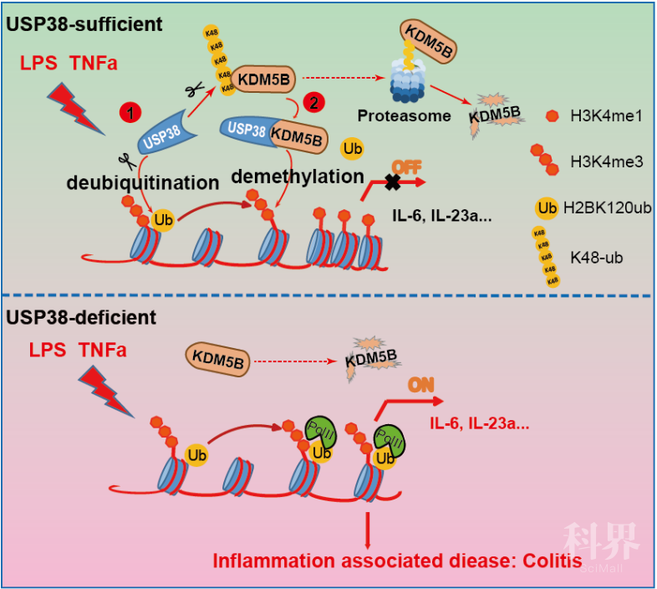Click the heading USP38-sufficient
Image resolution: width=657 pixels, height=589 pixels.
coord(84,23)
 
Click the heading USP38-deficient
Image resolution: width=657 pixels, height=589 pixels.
coord(80,317)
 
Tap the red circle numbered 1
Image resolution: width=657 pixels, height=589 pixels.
coord(130,110)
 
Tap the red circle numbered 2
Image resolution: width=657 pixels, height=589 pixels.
coord(313,103)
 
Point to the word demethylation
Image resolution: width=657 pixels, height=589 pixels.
coord(296,177)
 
